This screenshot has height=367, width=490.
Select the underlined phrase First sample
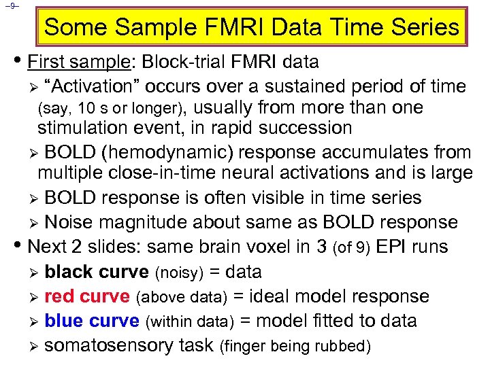(x=79, y=63)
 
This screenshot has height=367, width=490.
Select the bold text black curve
(x=96, y=272)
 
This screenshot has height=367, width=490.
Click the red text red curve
(x=86, y=296)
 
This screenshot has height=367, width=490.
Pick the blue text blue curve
(x=91, y=321)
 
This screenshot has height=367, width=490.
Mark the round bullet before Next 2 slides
(x=20, y=245)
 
